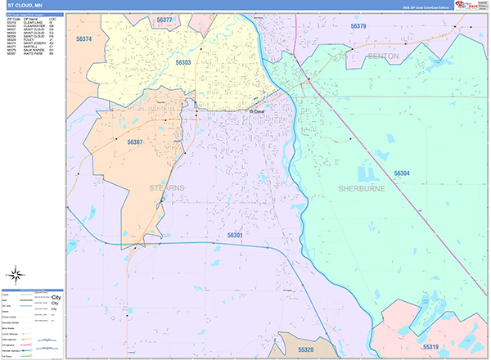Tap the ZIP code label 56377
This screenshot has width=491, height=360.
[163, 20]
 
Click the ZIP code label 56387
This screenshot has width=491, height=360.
[135, 142]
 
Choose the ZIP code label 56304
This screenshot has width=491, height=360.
[402, 173]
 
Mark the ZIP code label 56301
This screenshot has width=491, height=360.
[235, 236]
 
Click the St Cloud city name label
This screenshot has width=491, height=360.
[257, 111]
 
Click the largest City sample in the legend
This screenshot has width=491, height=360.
[56, 297]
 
